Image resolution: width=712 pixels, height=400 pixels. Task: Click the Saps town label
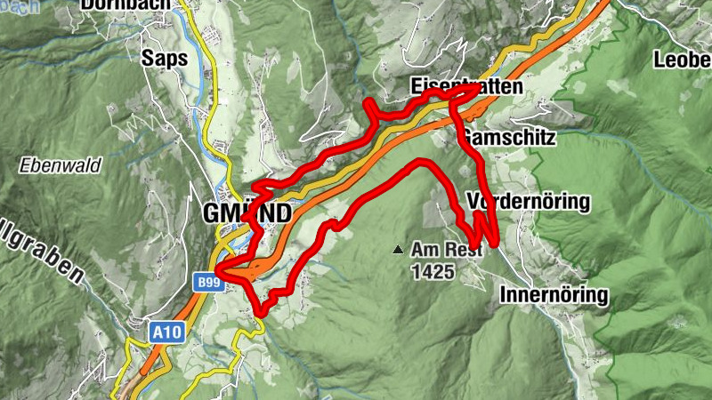click(165, 59)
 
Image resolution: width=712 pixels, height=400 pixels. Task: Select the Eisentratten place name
click(466, 86)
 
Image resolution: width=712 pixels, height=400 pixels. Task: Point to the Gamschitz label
click(509, 139)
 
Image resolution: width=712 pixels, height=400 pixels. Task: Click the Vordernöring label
click(528, 202)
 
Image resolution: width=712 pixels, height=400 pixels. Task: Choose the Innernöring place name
click(554, 294)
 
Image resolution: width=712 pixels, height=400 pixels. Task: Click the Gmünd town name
click(247, 213)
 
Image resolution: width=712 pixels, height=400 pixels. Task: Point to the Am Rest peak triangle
click(398, 250)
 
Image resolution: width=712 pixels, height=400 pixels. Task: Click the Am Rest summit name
click(446, 252)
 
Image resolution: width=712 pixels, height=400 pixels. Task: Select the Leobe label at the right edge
click(683, 60)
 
